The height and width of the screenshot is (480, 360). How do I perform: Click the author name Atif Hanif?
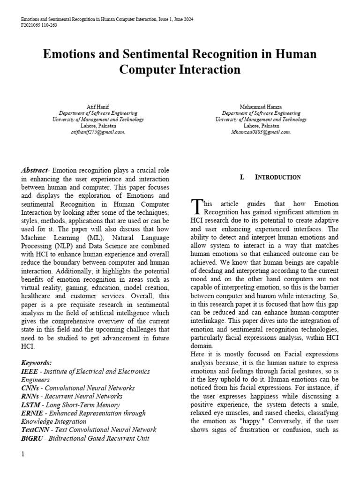(x=98, y=107)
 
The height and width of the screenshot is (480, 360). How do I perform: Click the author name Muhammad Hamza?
(x=261, y=107)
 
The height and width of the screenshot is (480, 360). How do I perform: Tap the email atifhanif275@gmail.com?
(x=98, y=132)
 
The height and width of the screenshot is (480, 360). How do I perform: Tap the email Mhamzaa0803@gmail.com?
(x=261, y=132)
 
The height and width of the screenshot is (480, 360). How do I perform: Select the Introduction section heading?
(x=277, y=177)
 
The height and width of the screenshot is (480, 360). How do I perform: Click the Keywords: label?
(x=37, y=363)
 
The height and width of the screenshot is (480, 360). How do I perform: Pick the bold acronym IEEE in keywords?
(x=30, y=371)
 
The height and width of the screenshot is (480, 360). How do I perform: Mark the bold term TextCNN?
(x=36, y=430)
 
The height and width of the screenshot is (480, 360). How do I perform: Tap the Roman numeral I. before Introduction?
(x=242, y=177)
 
